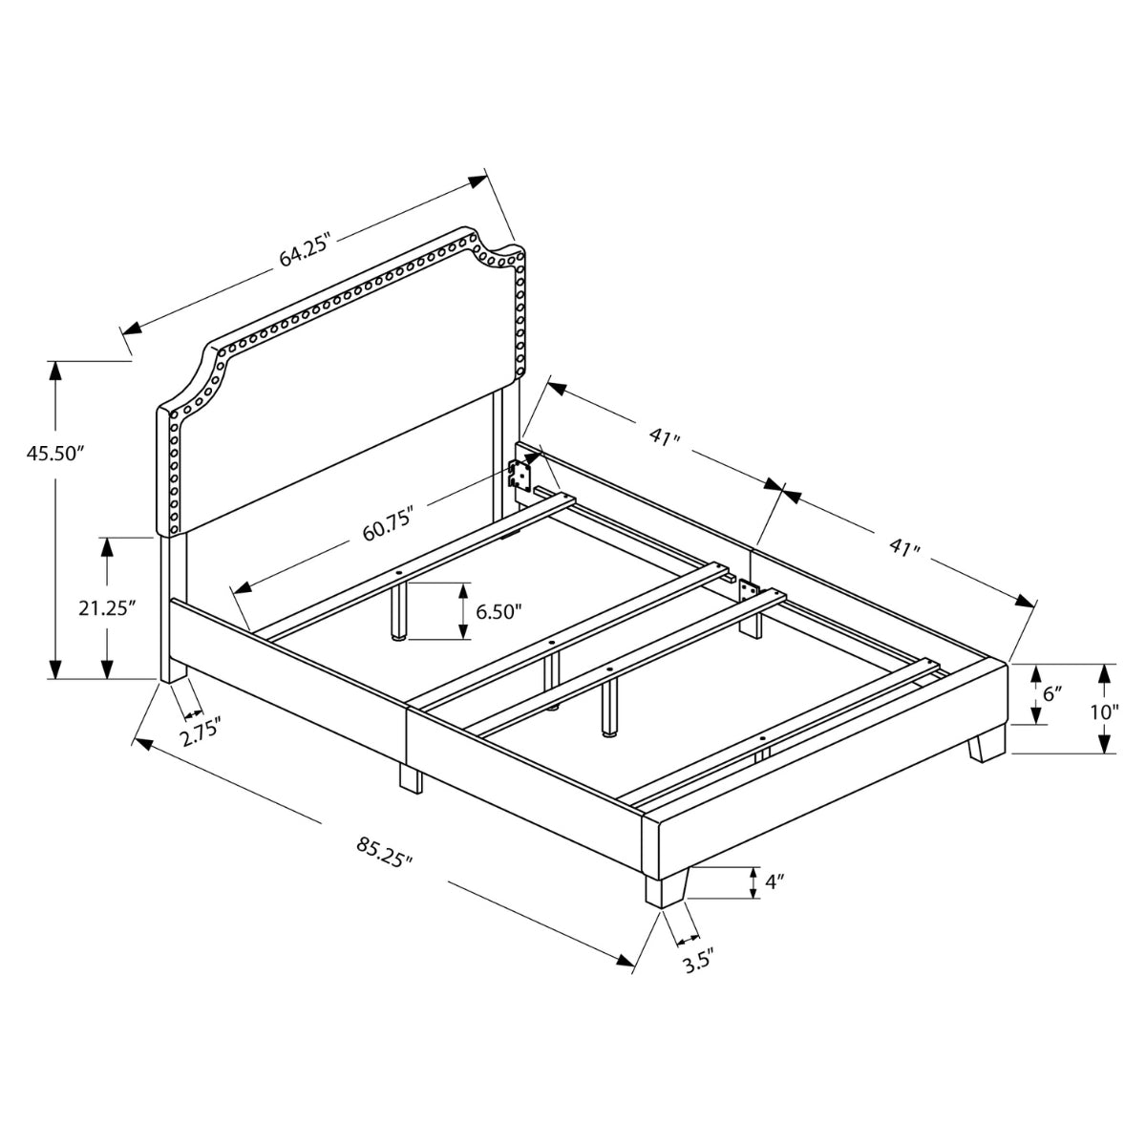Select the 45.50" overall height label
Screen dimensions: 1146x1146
pos(53,454)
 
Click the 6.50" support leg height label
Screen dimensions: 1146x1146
pos(499,611)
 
